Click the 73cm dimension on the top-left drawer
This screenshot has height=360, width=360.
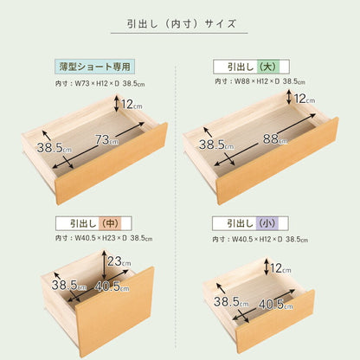108,139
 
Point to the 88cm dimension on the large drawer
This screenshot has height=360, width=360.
273,138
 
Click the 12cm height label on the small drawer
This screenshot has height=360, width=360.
282,269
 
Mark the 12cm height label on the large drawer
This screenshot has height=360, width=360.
304,100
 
